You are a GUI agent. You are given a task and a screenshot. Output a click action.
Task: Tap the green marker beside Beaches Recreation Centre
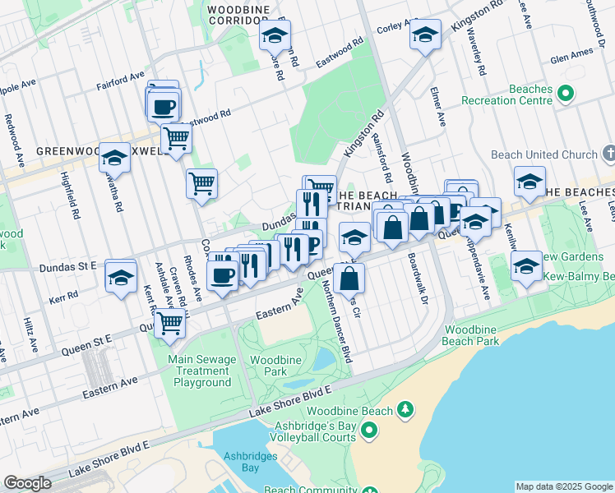tap(565, 94)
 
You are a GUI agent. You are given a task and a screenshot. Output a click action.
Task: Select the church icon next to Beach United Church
tap(608, 154)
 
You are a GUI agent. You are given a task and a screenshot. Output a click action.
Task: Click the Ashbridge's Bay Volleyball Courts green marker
tap(369, 429)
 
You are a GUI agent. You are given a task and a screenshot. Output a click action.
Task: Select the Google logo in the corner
tap(27, 483)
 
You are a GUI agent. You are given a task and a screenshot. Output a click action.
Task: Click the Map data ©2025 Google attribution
tap(564, 486)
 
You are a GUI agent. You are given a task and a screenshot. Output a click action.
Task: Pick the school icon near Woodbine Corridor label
tap(275, 35)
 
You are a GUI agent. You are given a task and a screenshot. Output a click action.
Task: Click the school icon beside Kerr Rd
tap(121, 277)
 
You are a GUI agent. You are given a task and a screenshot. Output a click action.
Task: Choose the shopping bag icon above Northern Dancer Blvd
tap(349, 278)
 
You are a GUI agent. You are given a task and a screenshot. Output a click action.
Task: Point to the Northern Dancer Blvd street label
tap(336, 320)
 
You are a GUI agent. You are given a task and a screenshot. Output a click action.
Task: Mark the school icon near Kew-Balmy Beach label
tap(526, 265)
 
